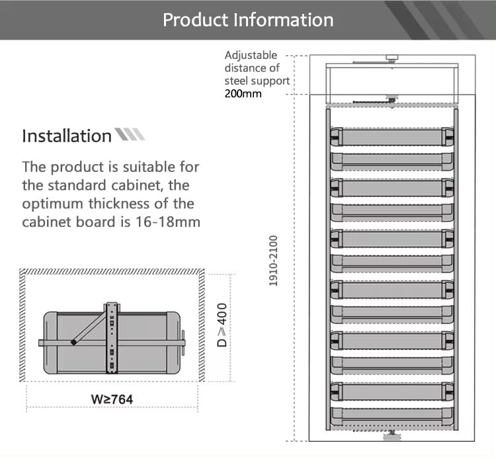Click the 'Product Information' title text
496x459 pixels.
(248, 20)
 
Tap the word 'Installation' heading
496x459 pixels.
(67, 136)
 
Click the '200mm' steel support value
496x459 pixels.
(243, 94)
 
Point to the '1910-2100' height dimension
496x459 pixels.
(273, 261)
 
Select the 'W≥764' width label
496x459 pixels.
(112, 399)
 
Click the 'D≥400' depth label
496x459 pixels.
(222, 325)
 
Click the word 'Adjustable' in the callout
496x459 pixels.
(251, 56)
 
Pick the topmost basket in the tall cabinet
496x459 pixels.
(392, 136)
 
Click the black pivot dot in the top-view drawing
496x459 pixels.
(73, 343)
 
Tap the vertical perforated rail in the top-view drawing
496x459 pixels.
(112, 337)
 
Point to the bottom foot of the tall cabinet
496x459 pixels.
(392, 436)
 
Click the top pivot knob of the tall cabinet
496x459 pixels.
(392, 58)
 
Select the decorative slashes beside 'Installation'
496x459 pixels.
(130, 134)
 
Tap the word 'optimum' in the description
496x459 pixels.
(53, 204)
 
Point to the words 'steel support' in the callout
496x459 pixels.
(257, 81)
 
